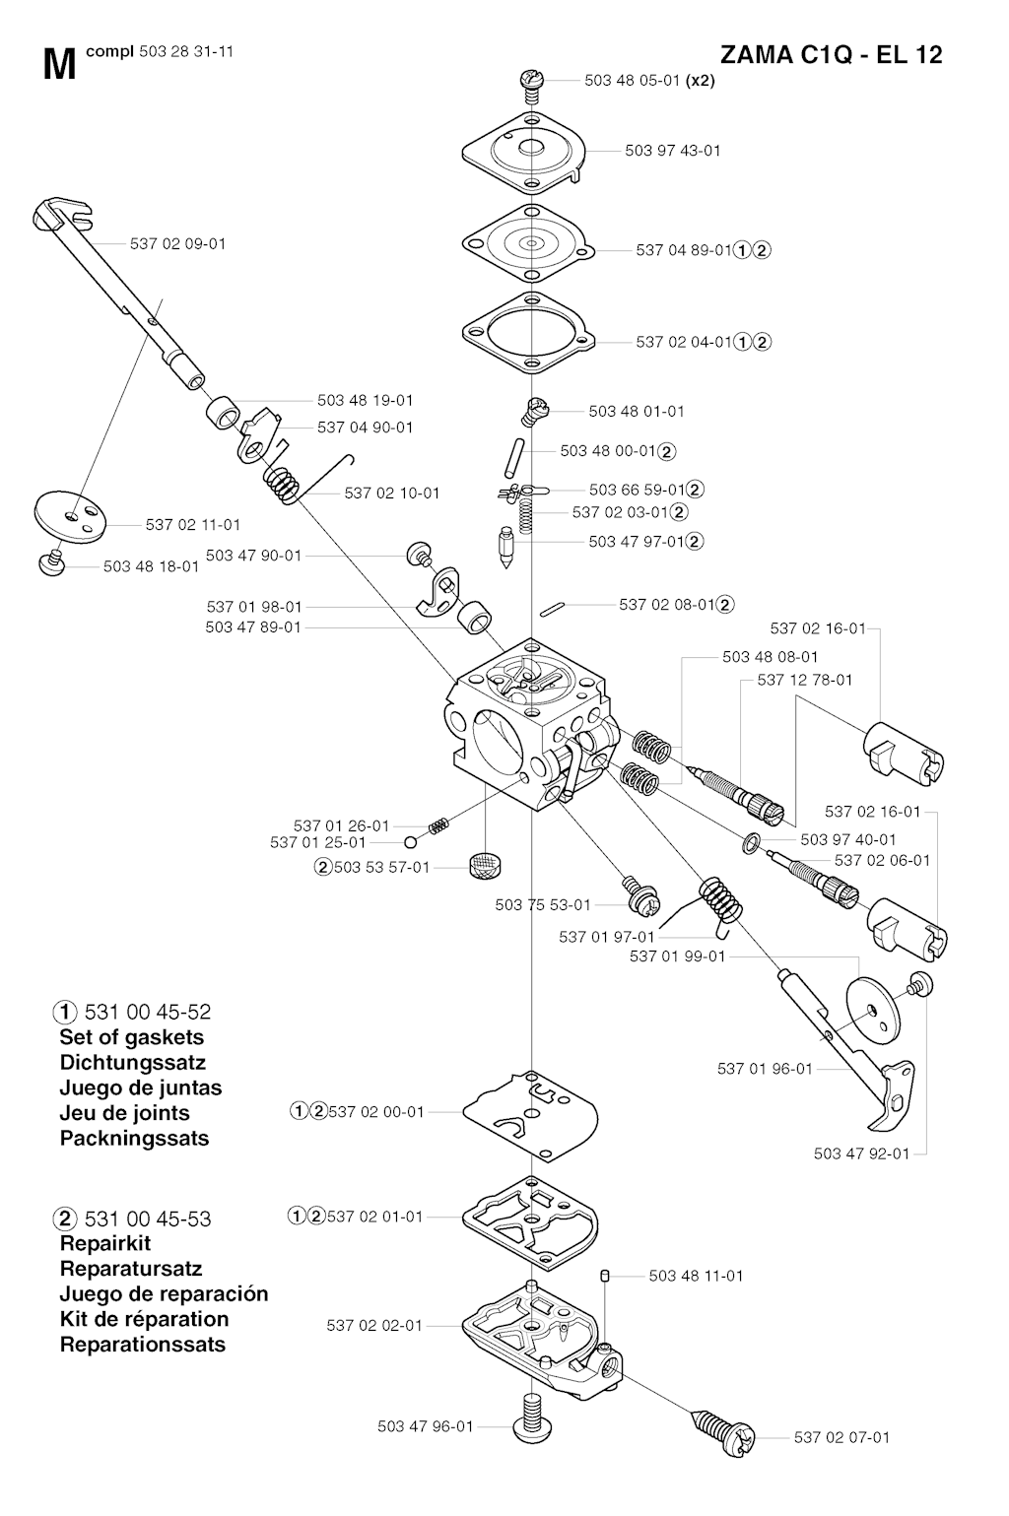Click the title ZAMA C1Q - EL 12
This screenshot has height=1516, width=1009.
[831, 54]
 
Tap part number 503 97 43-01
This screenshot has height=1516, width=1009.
[672, 151]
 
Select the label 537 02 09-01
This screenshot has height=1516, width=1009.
[177, 243]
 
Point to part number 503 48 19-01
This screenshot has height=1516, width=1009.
[365, 401]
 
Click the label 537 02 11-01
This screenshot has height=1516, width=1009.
[192, 525]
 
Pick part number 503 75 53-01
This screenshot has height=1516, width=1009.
[543, 904]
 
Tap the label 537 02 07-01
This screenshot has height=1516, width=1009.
[841, 1437]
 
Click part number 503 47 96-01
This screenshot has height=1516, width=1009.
[425, 1426]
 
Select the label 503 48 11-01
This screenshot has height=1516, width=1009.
[696, 1276]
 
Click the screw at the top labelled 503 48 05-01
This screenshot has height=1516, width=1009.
[532, 83]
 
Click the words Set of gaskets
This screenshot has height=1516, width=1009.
[131, 1037]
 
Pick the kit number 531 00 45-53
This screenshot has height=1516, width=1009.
[148, 1219]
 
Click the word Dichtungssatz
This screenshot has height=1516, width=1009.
[132, 1063]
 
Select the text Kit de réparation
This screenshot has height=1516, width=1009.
[144, 1319]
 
